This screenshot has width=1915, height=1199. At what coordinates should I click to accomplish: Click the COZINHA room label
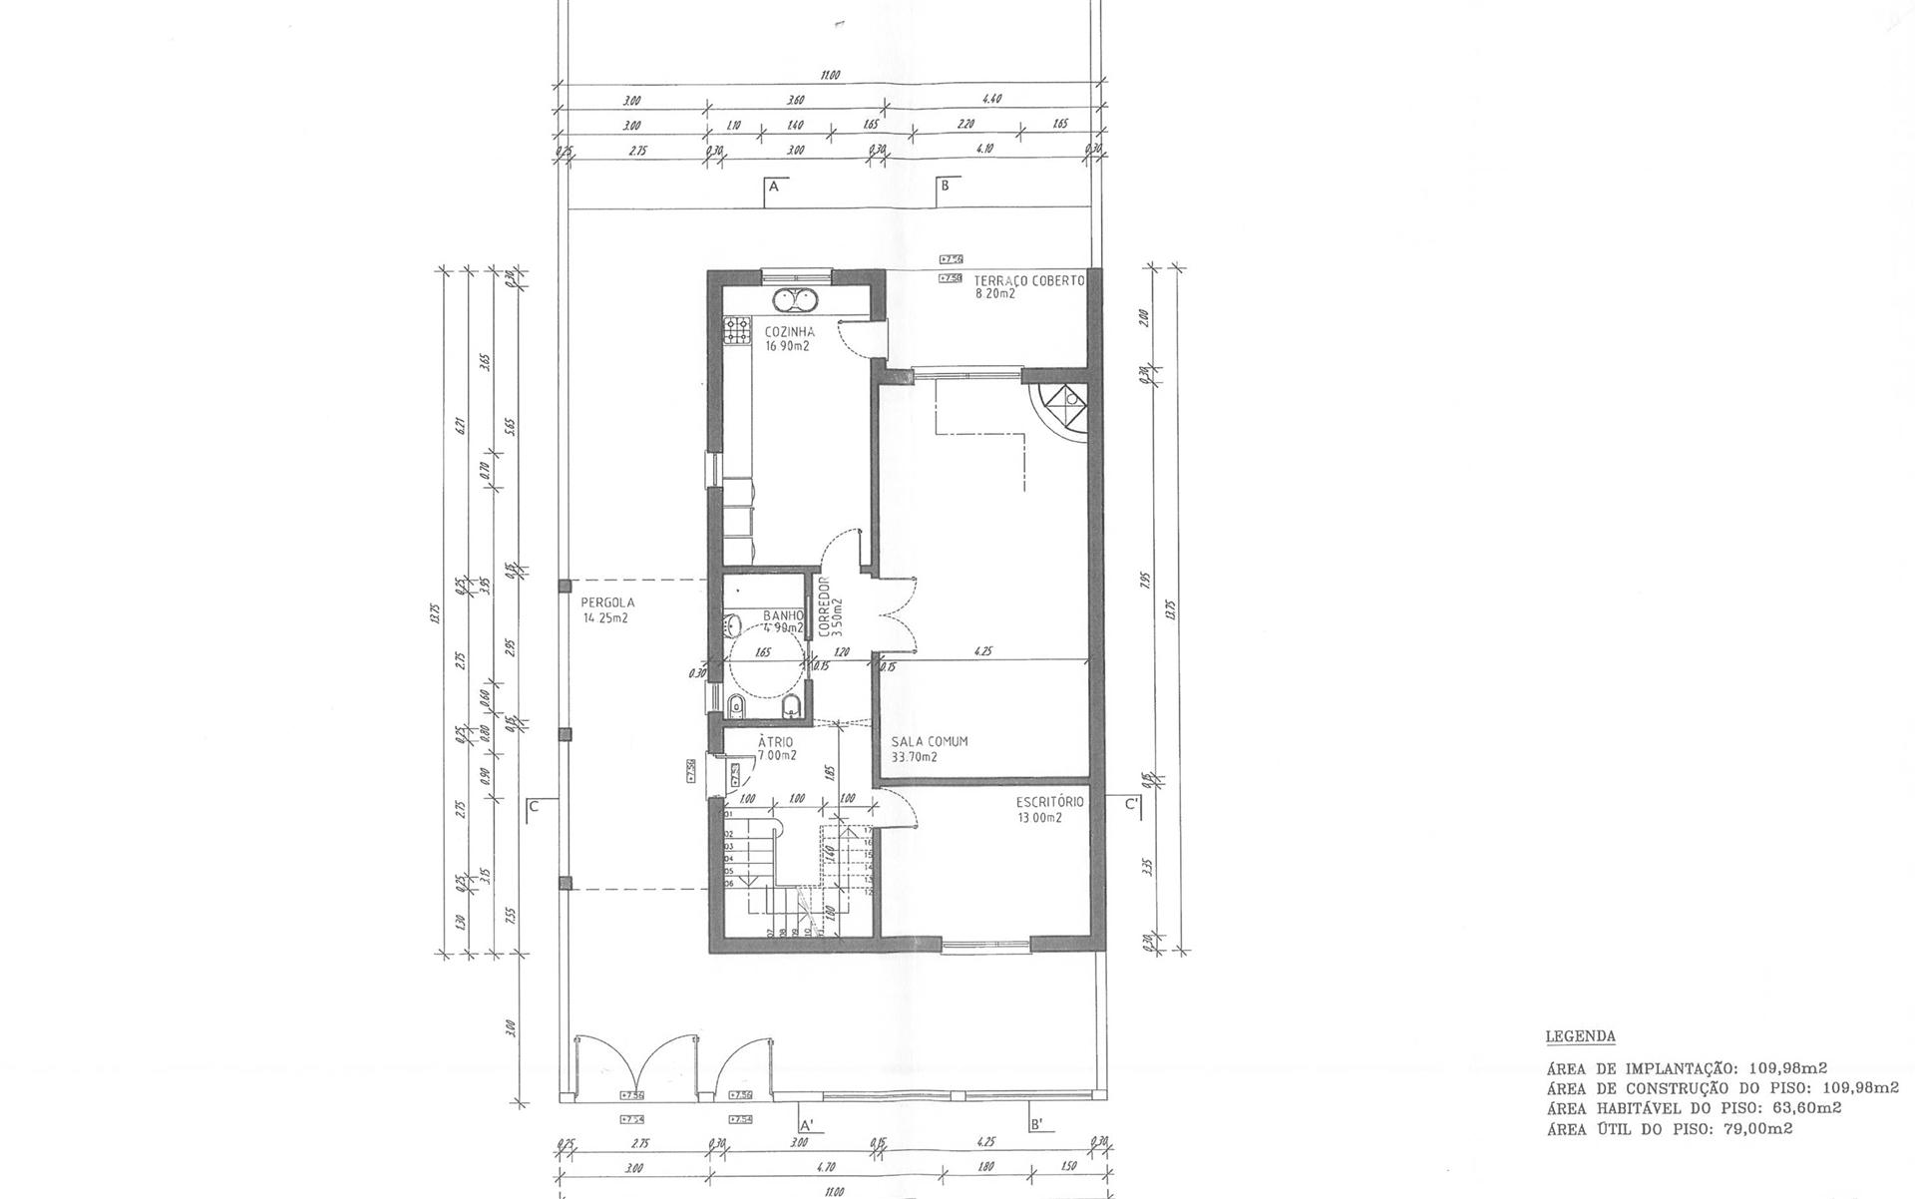[789, 332]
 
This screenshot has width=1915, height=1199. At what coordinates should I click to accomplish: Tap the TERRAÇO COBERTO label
[1028, 281]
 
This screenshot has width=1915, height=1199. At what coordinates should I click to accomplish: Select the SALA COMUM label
[930, 742]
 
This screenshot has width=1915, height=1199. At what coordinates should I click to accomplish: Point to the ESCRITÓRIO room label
[1049, 802]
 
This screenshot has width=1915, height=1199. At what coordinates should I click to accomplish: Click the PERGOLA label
[607, 602]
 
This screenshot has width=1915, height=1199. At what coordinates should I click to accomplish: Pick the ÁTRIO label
[775, 742]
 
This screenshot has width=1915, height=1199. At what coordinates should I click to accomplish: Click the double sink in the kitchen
[795, 298]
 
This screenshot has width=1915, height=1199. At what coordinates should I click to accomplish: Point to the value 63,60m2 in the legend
[1804, 1107]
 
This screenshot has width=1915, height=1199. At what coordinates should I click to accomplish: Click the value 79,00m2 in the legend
[1755, 1129]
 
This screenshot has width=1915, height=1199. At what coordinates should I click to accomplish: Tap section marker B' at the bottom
[1036, 1124]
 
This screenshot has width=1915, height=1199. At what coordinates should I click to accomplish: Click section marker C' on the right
[1132, 805]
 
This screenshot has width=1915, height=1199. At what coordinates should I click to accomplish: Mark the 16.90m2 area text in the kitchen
[787, 347]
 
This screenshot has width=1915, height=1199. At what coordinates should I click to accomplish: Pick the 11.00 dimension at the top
[830, 75]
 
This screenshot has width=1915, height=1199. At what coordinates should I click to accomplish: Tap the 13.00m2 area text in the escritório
[1039, 817]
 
